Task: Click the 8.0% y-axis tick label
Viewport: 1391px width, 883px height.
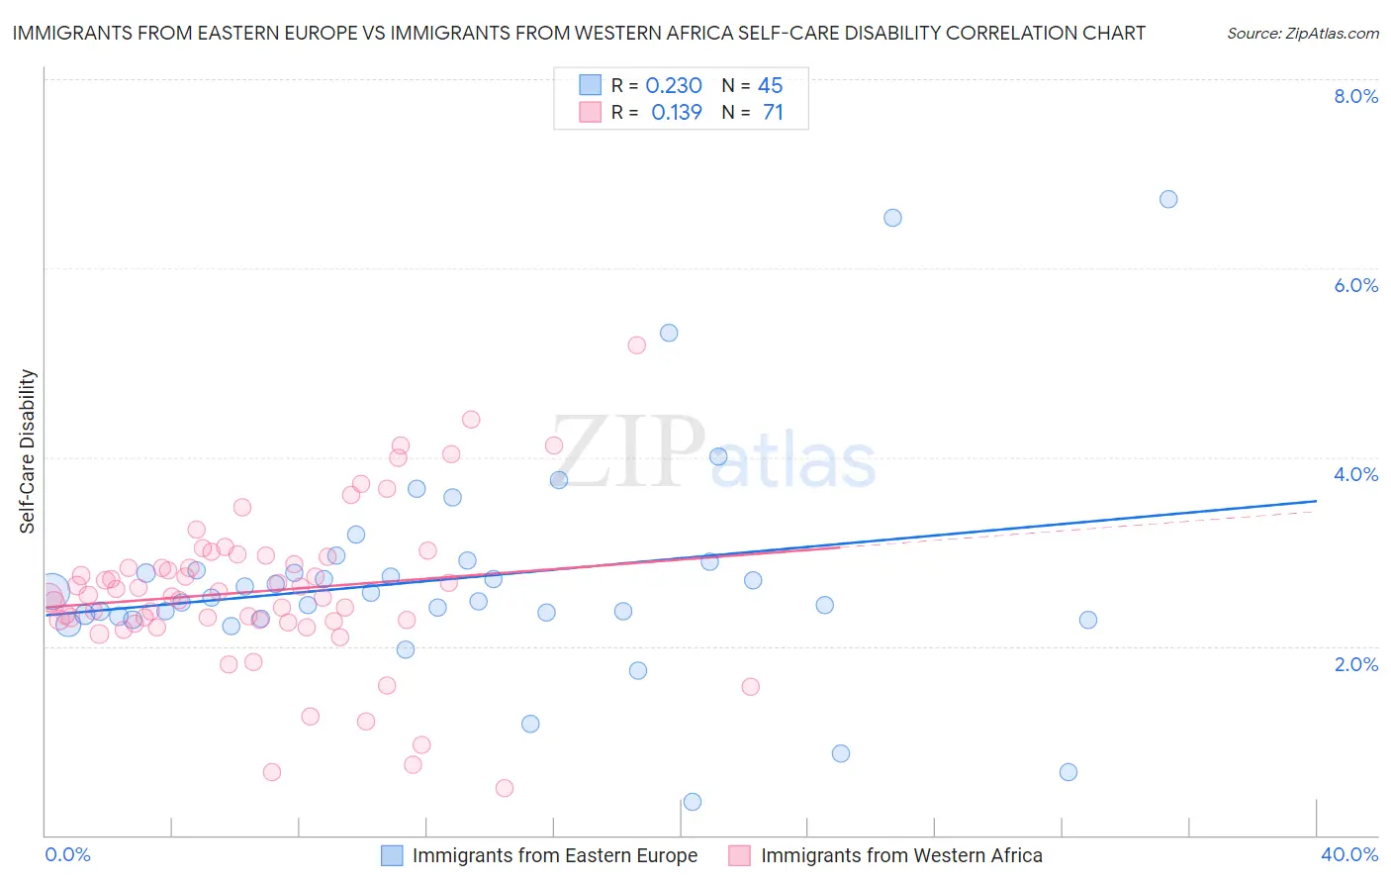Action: pyautogui.click(x=1355, y=96)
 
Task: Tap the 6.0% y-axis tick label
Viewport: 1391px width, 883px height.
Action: pyautogui.click(x=1355, y=285)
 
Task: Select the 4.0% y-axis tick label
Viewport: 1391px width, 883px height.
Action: pyautogui.click(x=1355, y=474)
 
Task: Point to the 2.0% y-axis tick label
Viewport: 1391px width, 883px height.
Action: pyautogui.click(x=1355, y=664)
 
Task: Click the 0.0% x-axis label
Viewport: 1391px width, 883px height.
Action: pyautogui.click(x=67, y=854)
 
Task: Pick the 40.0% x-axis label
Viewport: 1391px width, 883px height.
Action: pyautogui.click(x=1348, y=854)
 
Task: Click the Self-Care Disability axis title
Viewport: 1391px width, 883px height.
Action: pyautogui.click(x=28, y=451)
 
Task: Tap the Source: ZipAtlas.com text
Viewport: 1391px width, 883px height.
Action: pyautogui.click(x=1302, y=34)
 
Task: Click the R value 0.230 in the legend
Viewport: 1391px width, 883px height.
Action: pyautogui.click(x=674, y=86)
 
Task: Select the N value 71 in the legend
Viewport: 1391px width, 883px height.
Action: pyautogui.click(x=773, y=113)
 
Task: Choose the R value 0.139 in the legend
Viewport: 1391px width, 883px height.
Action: pyautogui.click(x=677, y=113)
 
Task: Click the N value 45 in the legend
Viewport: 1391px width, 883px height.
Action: pyautogui.click(x=770, y=86)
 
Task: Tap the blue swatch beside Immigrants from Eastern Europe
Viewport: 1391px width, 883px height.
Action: pyautogui.click(x=393, y=855)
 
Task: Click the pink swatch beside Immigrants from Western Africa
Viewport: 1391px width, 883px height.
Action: pyautogui.click(x=740, y=855)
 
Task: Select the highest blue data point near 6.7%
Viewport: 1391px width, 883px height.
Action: pyautogui.click(x=1168, y=199)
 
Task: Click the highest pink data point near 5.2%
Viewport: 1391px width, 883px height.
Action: pyautogui.click(x=637, y=345)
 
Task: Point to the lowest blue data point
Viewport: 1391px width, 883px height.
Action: pyautogui.click(x=693, y=802)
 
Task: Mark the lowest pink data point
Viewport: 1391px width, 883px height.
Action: pyautogui.click(x=505, y=788)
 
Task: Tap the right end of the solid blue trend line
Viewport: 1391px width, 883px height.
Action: pyautogui.click(x=1316, y=501)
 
